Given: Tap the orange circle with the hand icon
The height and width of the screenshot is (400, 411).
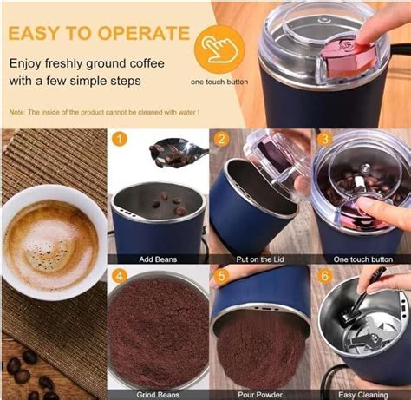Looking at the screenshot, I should (x=219, y=48).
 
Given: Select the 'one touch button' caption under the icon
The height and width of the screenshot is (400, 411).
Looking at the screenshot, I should (x=219, y=82).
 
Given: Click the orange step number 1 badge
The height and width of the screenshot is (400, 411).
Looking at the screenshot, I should (x=120, y=140).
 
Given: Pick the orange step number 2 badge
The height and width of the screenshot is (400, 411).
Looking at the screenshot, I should (x=222, y=140).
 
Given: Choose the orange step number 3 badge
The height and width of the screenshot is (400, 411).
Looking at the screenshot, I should (x=324, y=140).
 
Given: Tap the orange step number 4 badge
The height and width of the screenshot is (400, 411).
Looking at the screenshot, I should (x=120, y=278).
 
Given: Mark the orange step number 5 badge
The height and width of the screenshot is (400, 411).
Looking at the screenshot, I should (x=222, y=278).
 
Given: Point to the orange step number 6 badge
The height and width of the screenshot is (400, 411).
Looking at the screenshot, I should (x=324, y=278).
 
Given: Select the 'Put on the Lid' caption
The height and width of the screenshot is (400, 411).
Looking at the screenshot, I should (x=259, y=259).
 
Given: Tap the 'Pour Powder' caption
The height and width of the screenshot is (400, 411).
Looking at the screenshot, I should (x=259, y=395).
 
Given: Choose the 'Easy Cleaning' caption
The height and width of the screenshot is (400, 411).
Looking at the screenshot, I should (x=361, y=395).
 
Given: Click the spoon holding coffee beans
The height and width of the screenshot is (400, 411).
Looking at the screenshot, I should (x=179, y=154).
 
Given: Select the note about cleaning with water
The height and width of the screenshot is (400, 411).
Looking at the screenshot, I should (x=104, y=113).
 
